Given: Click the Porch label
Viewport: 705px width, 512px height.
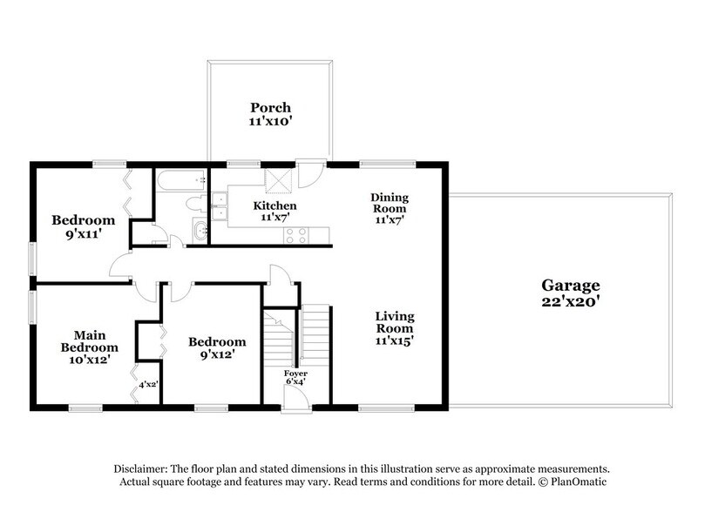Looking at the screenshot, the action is (270, 108).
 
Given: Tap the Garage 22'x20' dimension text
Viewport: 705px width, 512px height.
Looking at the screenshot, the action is (571, 301).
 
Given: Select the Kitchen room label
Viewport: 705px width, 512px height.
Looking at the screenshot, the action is (275, 205).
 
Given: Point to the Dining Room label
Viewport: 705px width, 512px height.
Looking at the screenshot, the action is (390, 203).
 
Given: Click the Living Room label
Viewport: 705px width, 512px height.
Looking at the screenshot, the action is (395, 322).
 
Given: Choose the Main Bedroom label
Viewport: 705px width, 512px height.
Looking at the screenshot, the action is (90, 341).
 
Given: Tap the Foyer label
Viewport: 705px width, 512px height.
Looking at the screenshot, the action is (295, 374).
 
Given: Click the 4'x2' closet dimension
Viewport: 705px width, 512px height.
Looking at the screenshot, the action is (148, 385).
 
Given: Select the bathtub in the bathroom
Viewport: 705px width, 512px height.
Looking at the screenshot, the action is (181, 180).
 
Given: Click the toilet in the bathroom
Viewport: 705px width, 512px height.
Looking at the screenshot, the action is (196, 204).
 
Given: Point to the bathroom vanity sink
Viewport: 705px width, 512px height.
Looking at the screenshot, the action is (200, 231).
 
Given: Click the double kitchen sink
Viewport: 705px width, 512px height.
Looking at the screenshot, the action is (220, 206).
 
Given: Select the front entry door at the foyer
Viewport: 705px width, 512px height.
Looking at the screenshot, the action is (295, 399).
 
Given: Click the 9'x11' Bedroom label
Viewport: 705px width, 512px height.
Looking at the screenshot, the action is (83, 226).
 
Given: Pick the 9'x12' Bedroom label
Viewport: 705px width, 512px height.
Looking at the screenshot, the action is (217, 348).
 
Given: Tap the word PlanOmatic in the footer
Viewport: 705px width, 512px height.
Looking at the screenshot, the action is (579, 482).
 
